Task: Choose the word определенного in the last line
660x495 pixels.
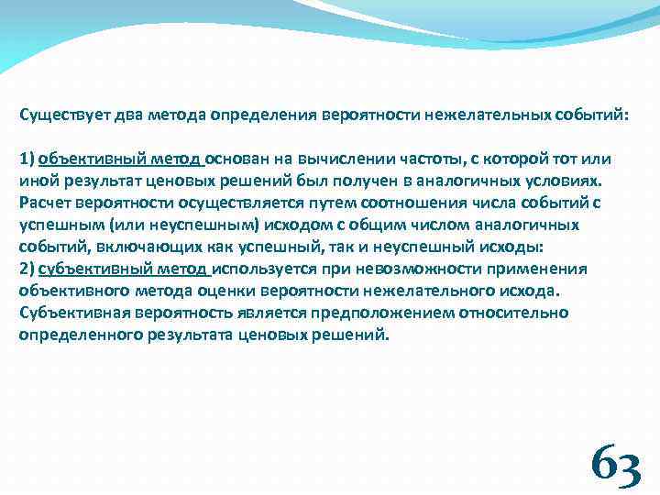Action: pos(79,335)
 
